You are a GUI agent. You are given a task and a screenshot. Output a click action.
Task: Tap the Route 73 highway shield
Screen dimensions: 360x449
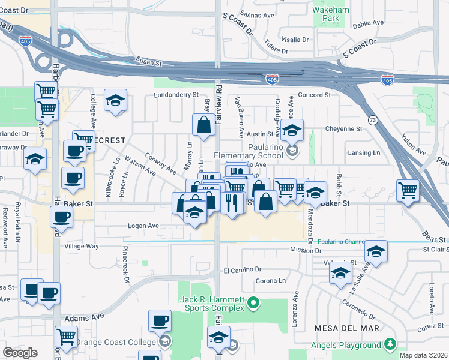point(373,120)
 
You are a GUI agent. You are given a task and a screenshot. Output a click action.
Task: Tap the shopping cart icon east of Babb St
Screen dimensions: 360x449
point(408,191)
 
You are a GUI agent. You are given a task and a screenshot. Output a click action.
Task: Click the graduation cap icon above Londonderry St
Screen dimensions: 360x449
point(115,100)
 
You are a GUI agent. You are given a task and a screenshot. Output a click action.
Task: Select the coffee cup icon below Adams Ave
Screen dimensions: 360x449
point(160,320)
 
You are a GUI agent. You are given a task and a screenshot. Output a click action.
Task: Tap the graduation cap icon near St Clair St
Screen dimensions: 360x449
point(376,251)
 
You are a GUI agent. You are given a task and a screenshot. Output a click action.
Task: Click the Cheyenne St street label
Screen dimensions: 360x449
point(343,128)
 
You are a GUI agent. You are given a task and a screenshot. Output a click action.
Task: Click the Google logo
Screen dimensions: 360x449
point(20,353)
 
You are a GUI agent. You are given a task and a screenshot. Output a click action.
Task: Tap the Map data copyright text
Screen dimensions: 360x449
point(424,355)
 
